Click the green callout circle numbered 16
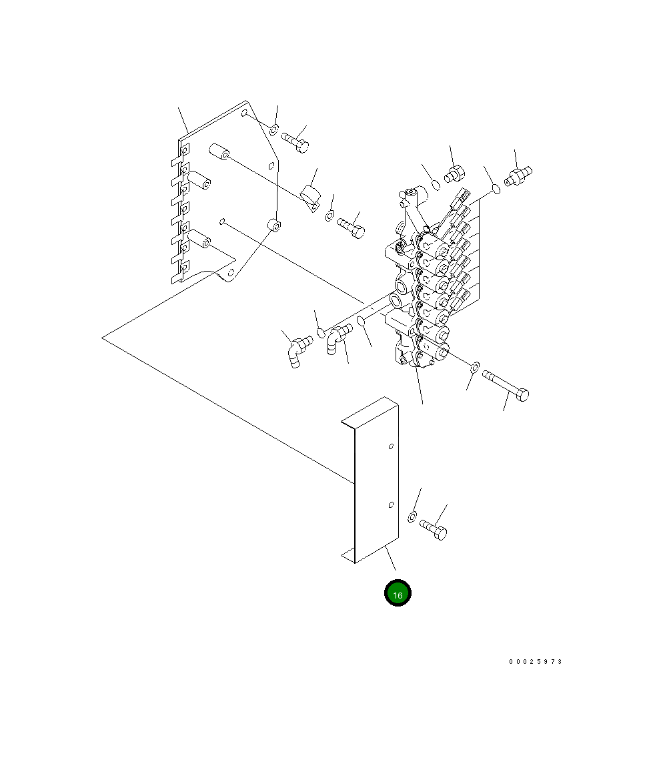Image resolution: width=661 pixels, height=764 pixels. click(x=398, y=593)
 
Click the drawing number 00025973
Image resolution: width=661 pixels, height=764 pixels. click(x=536, y=662)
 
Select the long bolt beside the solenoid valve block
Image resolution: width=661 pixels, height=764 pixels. click(x=506, y=386)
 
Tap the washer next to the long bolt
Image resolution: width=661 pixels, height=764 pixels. click(x=475, y=367)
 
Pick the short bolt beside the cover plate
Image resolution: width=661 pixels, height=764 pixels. click(x=433, y=530)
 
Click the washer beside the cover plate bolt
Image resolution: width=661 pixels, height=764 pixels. click(x=412, y=517)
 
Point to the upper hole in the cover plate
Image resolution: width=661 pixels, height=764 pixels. click(x=391, y=446)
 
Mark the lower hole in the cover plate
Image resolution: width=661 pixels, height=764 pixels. click(x=391, y=505)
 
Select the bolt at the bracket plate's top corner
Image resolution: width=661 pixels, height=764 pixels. click(x=295, y=143)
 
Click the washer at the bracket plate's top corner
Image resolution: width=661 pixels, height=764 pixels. click(x=273, y=130)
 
